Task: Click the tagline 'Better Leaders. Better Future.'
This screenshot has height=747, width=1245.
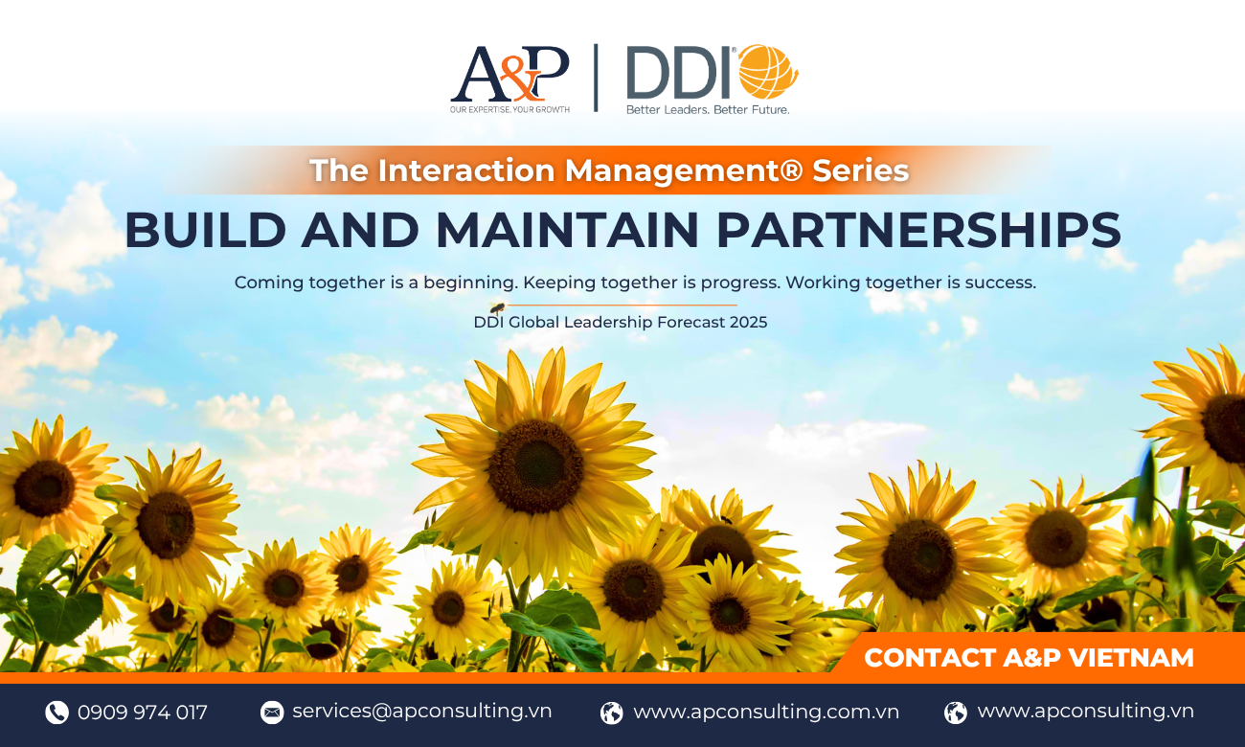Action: (708, 109)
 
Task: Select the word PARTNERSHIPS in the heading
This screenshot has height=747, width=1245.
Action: (918, 230)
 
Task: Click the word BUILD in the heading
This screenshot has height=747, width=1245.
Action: (206, 230)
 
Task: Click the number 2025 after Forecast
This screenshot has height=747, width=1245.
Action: (749, 323)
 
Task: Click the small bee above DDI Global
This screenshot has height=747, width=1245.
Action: (497, 307)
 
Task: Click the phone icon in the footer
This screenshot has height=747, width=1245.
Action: (57, 712)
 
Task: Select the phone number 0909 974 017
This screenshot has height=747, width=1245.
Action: (143, 712)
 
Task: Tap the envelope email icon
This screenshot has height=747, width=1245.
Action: (272, 712)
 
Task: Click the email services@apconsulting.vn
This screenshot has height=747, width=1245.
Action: (421, 711)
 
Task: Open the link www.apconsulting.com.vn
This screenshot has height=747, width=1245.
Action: (766, 712)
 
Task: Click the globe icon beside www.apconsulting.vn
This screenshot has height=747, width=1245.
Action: (956, 713)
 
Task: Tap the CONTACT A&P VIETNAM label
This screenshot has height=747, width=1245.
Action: (1029, 658)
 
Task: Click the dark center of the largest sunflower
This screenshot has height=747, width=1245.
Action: (535, 465)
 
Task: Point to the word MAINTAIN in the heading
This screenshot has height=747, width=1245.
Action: (567, 230)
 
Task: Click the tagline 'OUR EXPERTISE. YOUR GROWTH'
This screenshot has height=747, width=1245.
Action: (509, 109)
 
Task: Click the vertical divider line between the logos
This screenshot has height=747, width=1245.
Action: (596, 78)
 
